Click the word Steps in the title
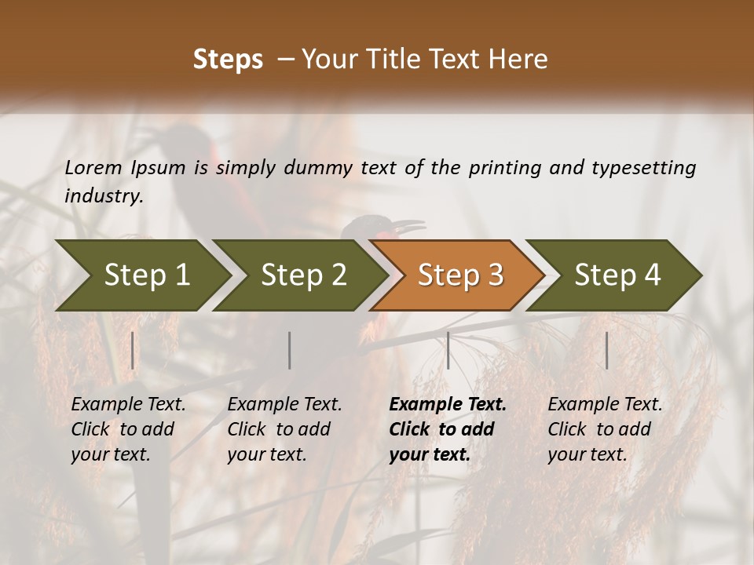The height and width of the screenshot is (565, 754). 228,60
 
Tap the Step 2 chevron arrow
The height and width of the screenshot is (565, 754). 302,275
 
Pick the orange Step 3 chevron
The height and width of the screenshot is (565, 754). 459,275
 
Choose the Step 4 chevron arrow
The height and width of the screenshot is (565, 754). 616,275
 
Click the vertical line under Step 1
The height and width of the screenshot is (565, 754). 133,350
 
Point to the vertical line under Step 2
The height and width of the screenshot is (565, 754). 290,350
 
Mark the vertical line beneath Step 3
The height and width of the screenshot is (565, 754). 448,350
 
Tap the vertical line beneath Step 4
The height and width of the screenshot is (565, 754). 606,350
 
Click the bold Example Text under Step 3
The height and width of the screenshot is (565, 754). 446,429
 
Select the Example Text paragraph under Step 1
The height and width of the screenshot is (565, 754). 127,429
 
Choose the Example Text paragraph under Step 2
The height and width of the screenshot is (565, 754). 284,429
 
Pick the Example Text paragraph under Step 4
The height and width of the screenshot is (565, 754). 604,429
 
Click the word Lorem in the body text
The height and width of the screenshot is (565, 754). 93,167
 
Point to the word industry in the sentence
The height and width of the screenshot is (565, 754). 103,196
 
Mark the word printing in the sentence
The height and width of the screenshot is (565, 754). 503,168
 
